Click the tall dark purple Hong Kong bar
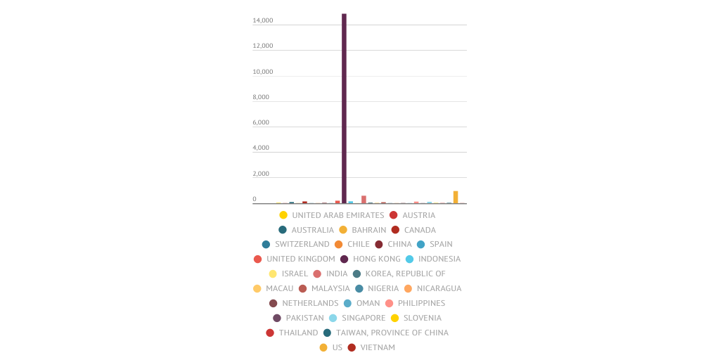[x=344, y=108]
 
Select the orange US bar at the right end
[x=456, y=197]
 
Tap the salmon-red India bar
[x=364, y=200]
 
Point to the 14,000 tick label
[x=263, y=20]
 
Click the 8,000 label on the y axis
[x=261, y=97]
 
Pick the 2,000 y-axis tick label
[x=261, y=174]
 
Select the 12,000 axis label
[x=263, y=46]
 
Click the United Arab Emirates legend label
[x=337, y=215]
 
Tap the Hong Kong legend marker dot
[x=345, y=259]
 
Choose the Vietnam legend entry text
[x=378, y=347]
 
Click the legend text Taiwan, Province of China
[x=392, y=333]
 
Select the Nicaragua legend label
[x=439, y=288]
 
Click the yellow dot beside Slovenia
[x=395, y=318]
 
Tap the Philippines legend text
[x=421, y=303]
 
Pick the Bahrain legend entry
[x=368, y=230]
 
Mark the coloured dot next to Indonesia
[x=409, y=259]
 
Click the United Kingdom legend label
[x=300, y=259]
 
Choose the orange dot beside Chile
[x=338, y=245]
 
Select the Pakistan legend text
[x=304, y=318]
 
